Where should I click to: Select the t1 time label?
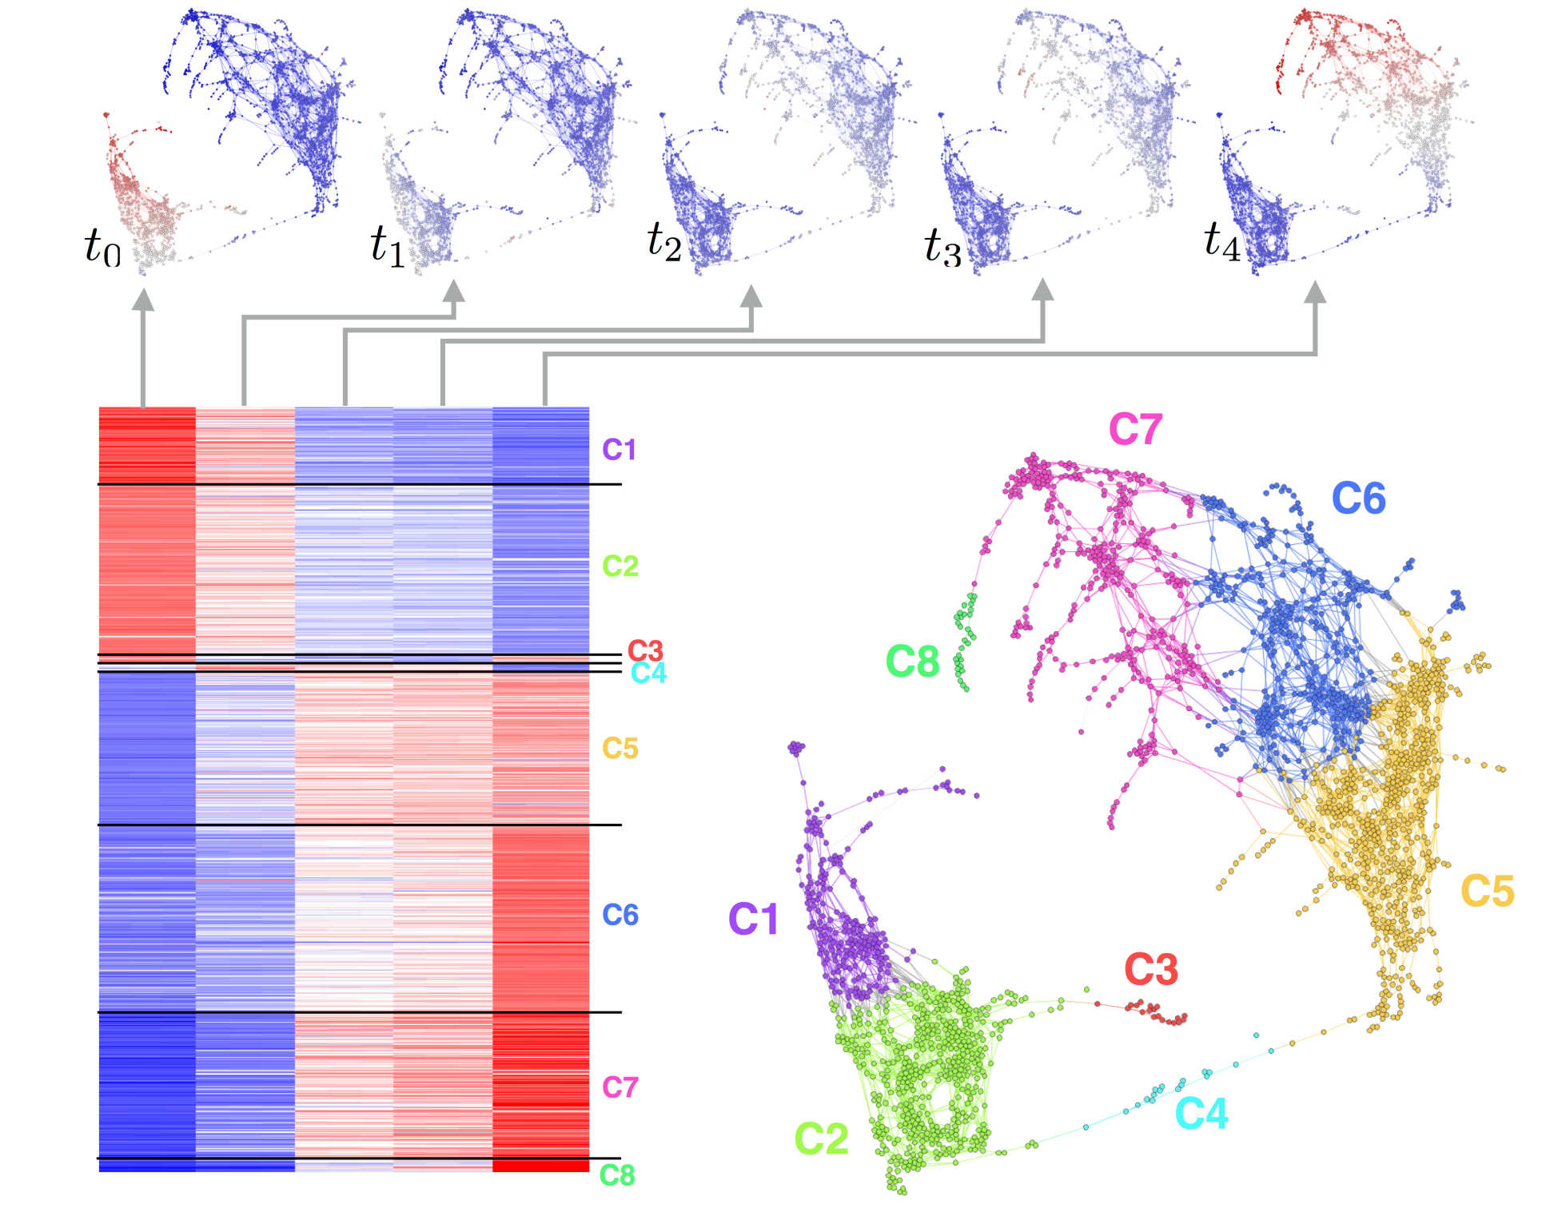point(388,244)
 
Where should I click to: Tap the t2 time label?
point(664,240)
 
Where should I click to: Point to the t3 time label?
point(942,246)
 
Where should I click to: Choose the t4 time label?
point(1222,240)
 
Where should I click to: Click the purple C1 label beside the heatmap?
point(619,450)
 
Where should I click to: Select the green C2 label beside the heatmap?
point(620,566)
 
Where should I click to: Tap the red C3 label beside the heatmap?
point(645,650)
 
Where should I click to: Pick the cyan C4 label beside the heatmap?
point(648,674)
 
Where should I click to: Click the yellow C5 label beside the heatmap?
point(620,749)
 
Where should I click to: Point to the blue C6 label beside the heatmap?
point(620,915)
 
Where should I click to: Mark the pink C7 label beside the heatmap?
point(620,1087)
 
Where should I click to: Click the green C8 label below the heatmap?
point(617,1175)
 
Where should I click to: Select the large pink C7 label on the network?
point(1135,430)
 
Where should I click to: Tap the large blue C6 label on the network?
point(1358,499)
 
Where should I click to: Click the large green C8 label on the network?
point(912,662)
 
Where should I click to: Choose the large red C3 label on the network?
point(1151,970)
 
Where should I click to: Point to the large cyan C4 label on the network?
point(1201,1113)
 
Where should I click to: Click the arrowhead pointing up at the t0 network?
point(143,299)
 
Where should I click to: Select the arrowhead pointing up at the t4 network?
point(1315,292)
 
